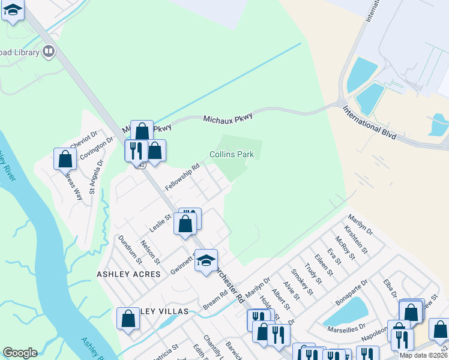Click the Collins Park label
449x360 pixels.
pos(231,154)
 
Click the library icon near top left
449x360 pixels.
pos(48,52)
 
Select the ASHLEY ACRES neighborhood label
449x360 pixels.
pos(128,274)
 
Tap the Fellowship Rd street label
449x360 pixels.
pos(182,178)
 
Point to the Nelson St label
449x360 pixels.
pos(149,252)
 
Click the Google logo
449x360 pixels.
pos(20,353)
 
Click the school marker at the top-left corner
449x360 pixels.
pos(13,10)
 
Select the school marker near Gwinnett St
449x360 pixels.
pos(206,260)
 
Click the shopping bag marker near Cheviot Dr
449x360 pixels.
pos(65,159)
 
